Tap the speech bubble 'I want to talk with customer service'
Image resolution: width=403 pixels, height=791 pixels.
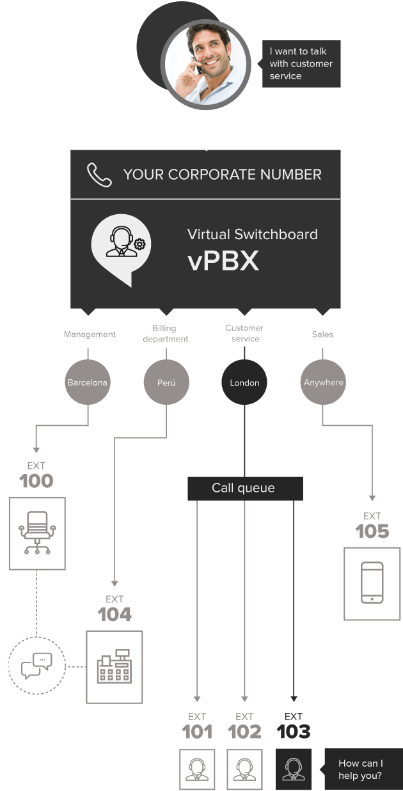(301, 64)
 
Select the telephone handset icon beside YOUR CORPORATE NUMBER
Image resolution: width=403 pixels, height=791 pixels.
(99, 175)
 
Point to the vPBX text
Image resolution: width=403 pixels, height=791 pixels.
(223, 262)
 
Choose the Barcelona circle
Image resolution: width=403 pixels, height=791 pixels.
(88, 382)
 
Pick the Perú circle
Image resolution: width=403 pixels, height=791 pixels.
(166, 382)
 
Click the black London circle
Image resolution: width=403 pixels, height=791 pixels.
(244, 382)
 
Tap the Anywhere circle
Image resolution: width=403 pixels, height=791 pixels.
(323, 382)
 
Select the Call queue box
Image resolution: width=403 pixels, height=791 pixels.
(244, 488)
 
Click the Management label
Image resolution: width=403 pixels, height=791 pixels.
(90, 334)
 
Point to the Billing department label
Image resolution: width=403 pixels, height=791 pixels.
(166, 334)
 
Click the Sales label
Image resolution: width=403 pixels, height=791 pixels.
(322, 334)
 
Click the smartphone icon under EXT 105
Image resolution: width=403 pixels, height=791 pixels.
(372, 582)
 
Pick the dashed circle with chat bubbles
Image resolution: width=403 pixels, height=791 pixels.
(37, 666)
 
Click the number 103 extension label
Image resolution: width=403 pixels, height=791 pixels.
(294, 732)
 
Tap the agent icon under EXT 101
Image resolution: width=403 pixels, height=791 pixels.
(197, 769)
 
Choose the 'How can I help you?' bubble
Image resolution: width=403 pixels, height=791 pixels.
(360, 769)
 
